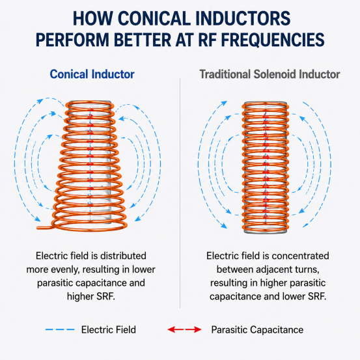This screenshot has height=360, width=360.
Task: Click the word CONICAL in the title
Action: click(154, 18)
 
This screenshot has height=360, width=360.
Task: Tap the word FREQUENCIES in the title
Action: click(273, 40)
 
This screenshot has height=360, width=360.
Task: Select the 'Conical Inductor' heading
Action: click(92, 74)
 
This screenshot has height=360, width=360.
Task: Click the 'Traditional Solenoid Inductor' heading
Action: click(270, 74)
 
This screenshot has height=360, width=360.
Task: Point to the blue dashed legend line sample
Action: click(60, 329)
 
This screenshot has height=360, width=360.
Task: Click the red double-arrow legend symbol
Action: click(185, 329)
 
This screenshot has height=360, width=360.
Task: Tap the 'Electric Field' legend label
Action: click(109, 329)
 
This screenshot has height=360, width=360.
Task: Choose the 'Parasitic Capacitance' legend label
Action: click(257, 329)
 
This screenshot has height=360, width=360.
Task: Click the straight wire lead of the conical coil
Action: click(45, 228)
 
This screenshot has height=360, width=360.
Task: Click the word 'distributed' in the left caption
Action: click(123, 256)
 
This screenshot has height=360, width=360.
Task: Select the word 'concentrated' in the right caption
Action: click(300, 256)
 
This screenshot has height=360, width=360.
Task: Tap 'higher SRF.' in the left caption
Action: click(91, 296)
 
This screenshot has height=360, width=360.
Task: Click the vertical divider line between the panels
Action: click(180, 193)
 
